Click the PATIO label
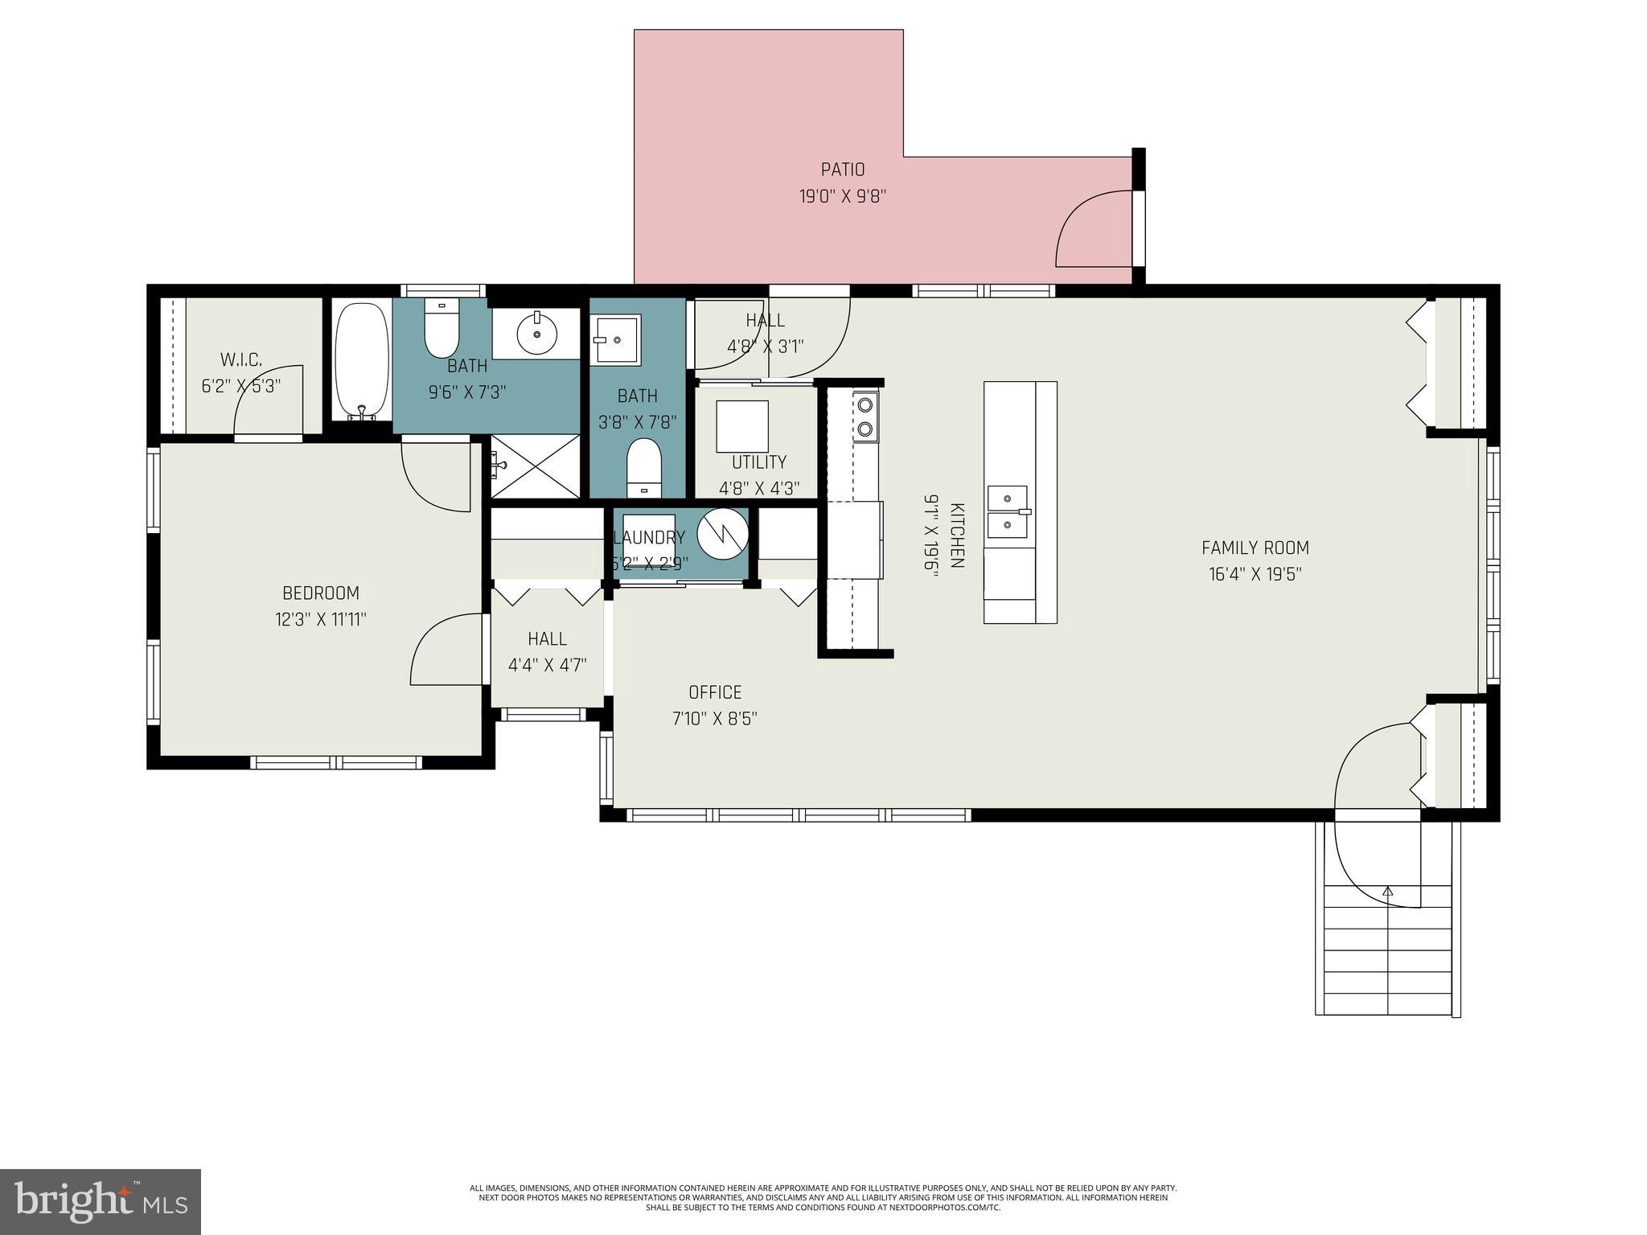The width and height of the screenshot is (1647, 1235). point(842,170)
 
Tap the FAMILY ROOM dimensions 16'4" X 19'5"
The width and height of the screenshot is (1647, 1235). point(1255,574)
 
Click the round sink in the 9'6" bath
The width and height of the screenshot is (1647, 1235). point(536,333)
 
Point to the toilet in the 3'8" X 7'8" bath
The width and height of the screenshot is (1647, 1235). point(643,467)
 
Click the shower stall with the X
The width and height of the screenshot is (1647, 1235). point(535,466)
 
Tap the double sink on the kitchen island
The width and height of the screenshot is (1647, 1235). point(1007,511)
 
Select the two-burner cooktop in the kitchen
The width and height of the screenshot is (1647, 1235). point(865,416)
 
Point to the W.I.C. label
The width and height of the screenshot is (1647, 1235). point(241,359)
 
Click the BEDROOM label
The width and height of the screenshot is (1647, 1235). point(320,593)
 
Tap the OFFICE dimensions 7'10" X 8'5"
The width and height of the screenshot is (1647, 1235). point(715,718)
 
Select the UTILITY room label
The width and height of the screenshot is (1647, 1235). point(758,462)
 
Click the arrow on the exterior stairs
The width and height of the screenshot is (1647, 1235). point(1387,892)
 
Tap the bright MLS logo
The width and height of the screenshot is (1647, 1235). point(101,1202)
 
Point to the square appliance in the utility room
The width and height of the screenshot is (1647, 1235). point(741,426)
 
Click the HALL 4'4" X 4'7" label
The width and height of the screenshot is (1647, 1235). point(547,651)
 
